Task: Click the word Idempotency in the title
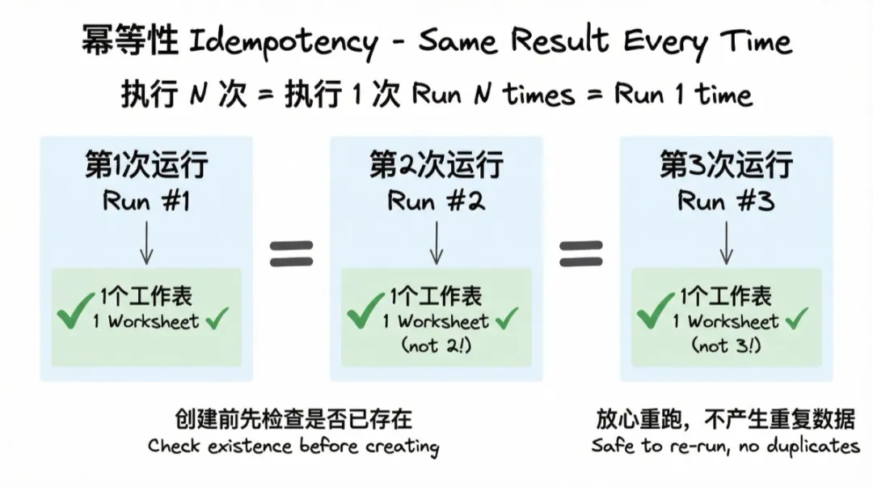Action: pyautogui.click(x=281, y=43)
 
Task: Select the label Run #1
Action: pyautogui.click(x=146, y=201)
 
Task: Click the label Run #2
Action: pyautogui.click(x=436, y=201)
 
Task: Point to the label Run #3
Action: pyautogui.click(x=726, y=201)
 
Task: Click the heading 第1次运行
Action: pyautogui.click(x=146, y=166)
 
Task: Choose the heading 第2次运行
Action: pyautogui.click(x=436, y=166)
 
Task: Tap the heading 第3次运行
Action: pyautogui.click(x=726, y=166)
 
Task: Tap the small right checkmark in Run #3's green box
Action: pyautogui.click(x=796, y=320)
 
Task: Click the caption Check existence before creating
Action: pyautogui.click(x=293, y=446)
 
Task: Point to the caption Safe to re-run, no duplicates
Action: pyautogui.click(x=725, y=446)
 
